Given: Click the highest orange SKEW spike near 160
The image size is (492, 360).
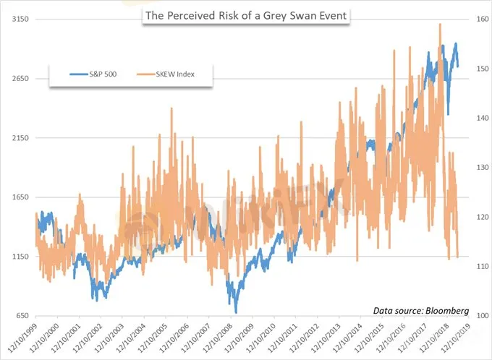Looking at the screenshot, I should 440,25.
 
